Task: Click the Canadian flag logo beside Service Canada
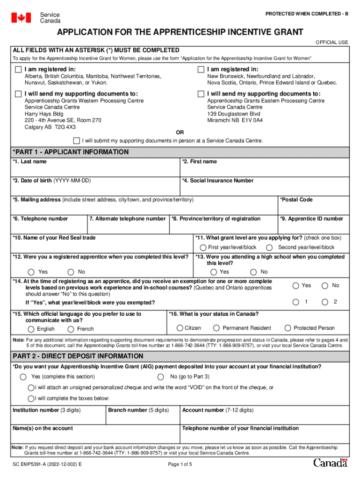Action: point(21,18)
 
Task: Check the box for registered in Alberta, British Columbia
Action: point(18,70)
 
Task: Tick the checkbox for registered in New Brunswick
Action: point(201,70)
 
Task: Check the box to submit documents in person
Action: point(77,140)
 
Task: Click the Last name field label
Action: point(30,162)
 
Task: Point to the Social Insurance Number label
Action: point(218,181)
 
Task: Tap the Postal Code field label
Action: point(296,200)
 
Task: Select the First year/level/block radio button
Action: point(203,247)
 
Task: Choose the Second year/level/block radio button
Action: point(269,247)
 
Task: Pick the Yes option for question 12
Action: point(31,272)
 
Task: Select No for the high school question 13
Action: point(253,272)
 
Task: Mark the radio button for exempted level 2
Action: point(325,302)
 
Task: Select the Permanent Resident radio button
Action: point(216,328)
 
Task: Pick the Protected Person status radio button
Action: point(288,328)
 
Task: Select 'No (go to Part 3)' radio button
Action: point(161,377)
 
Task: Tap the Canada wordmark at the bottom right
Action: point(330,463)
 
